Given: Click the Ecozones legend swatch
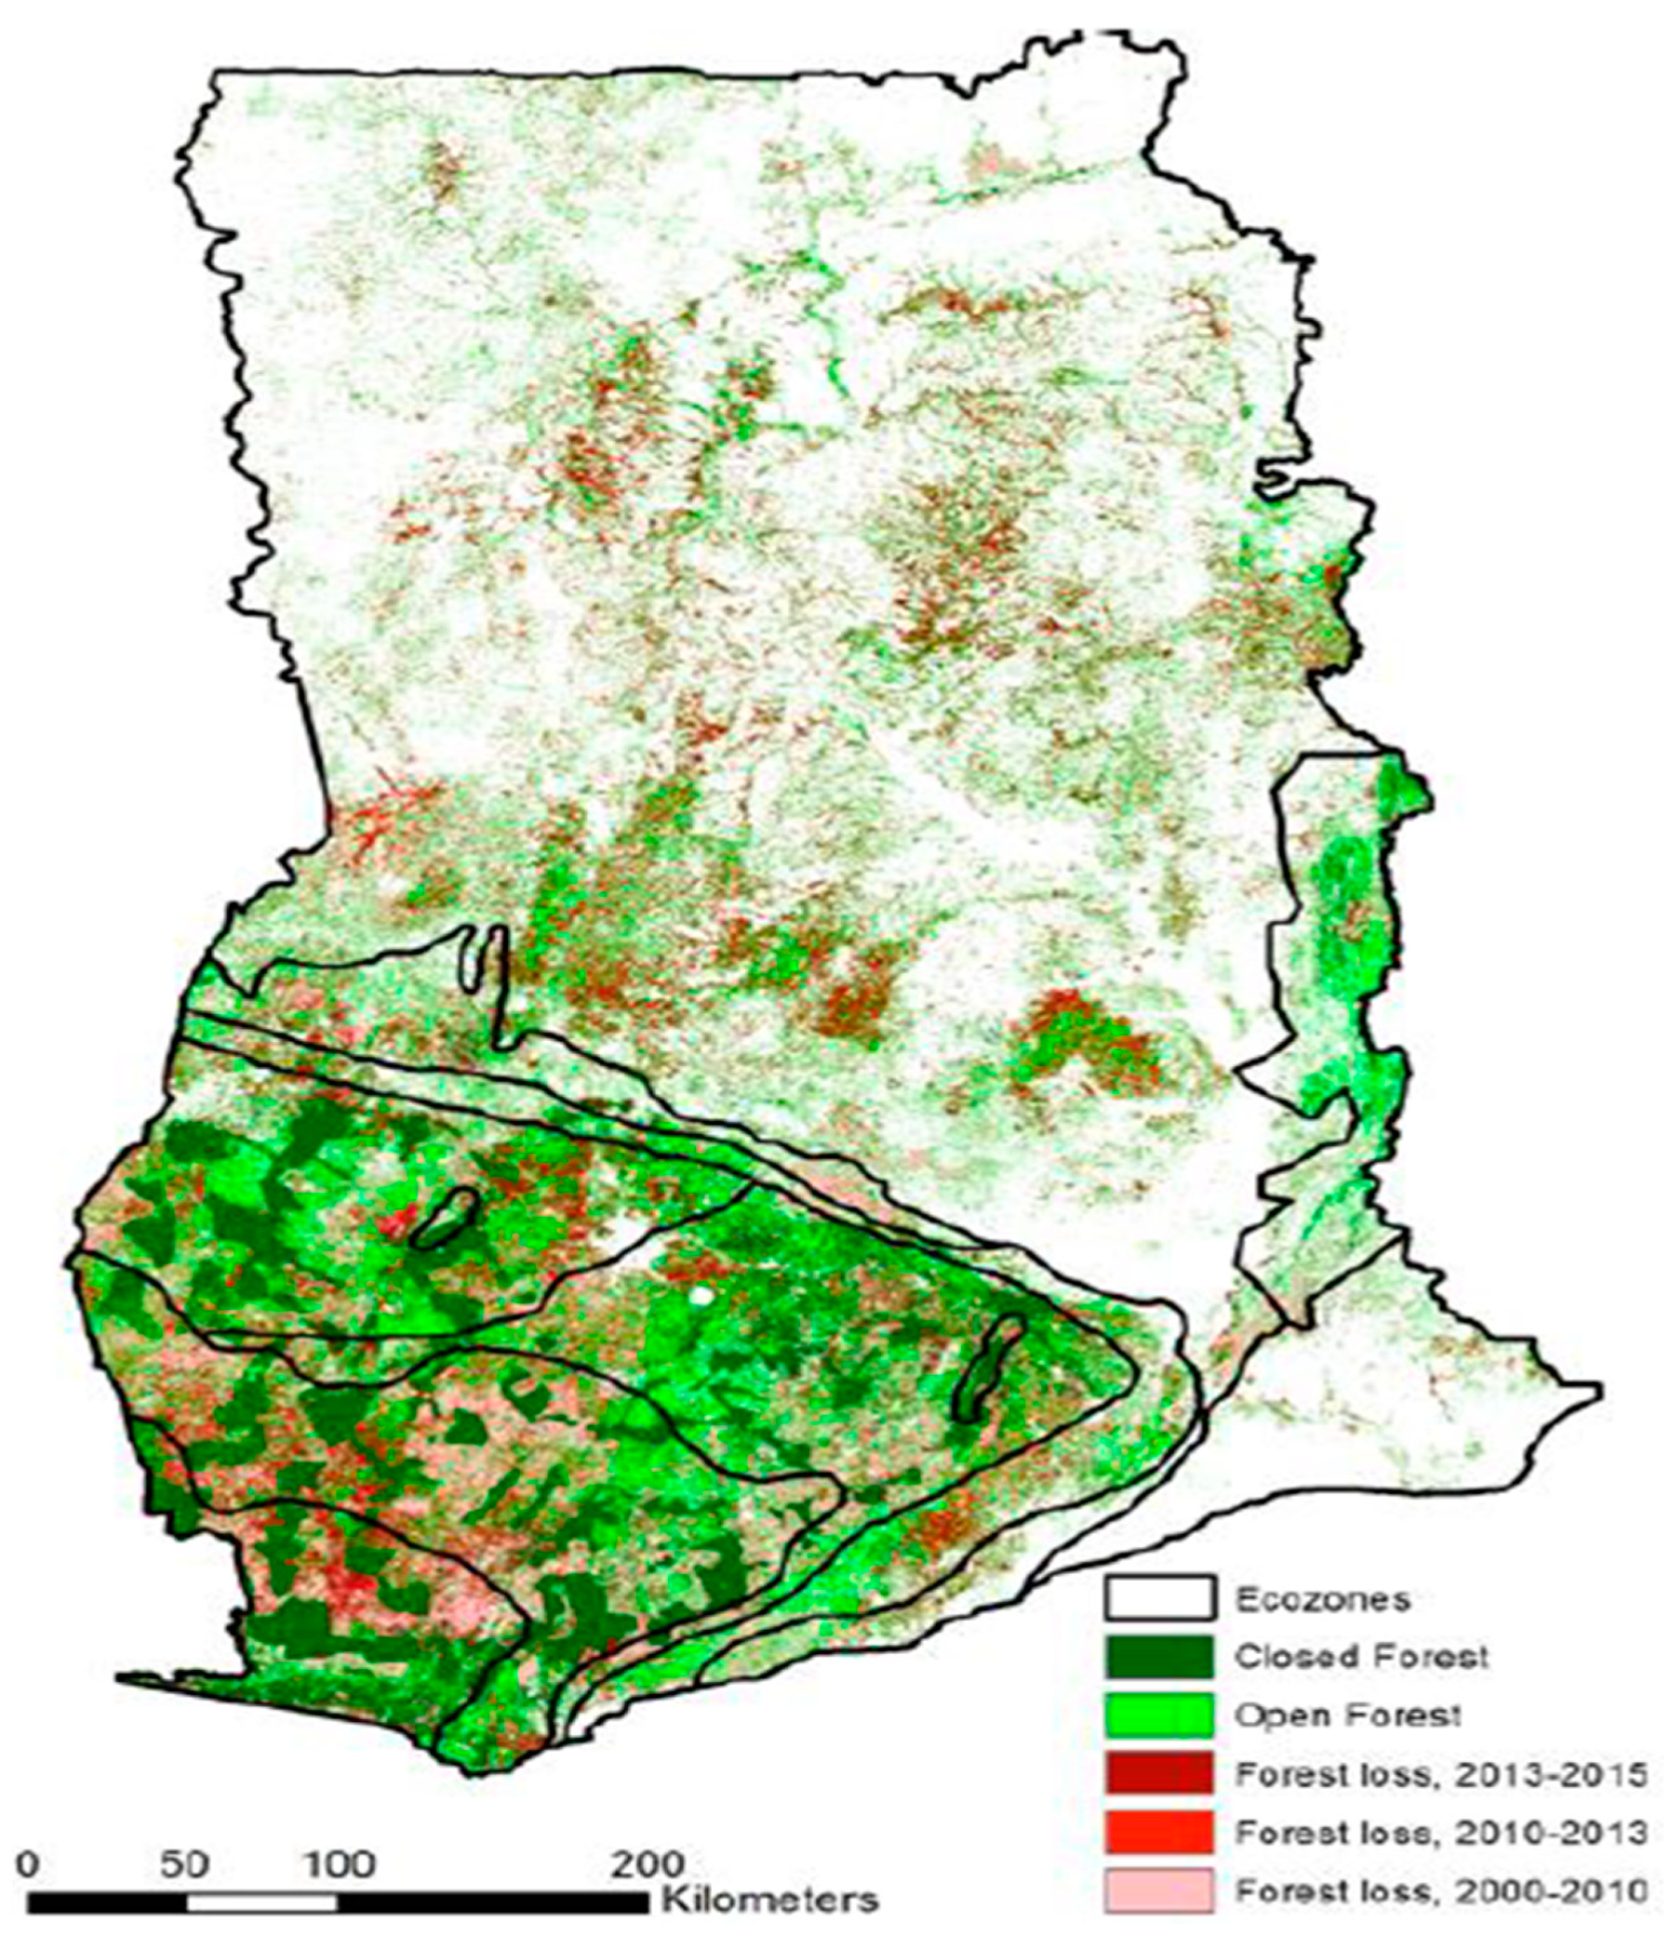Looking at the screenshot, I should pos(1159,1597).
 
